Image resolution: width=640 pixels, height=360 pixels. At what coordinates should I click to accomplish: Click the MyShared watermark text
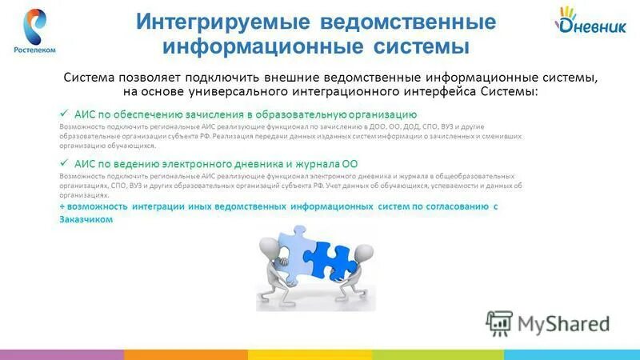[563, 323]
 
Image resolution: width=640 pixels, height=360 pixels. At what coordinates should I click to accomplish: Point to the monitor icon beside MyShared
[500, 323]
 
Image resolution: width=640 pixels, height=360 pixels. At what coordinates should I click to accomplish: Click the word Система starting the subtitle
[90, 78]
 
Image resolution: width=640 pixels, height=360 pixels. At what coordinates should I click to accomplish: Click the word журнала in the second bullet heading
[313, 163]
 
